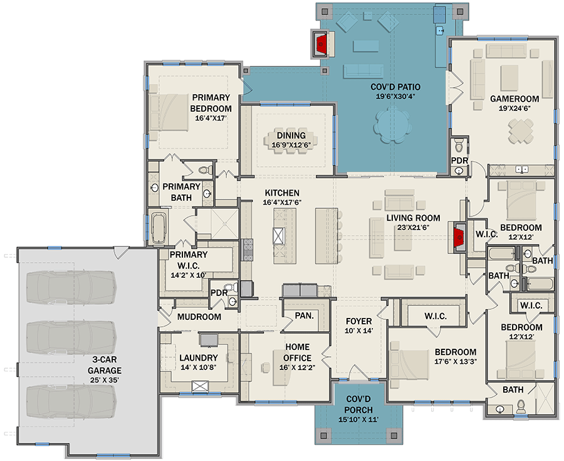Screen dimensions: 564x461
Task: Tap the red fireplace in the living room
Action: tap(459, 238)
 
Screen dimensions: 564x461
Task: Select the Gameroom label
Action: tap(514, 98)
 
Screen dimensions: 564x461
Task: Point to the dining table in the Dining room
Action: tap(291, 140)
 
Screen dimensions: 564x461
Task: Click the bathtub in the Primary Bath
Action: tap(159, 228)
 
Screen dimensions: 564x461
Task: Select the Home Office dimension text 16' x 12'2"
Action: tap(297, 368)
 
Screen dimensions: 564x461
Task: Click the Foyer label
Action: tap(358, 321)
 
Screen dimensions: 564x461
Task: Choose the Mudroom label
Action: tap(199, 317)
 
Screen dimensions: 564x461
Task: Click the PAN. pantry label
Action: tap(305, 315)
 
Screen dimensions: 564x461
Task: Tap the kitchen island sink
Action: tap(279, 236)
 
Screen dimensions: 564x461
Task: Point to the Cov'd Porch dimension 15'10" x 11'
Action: tap(358, 419)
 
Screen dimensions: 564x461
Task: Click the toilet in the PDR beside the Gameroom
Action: tap(459, 146)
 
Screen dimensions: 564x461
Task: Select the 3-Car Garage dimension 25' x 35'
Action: tap(104, 379)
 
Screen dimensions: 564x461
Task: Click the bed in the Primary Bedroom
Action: tap(169, 112)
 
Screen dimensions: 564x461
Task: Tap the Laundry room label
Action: tap(199, 358)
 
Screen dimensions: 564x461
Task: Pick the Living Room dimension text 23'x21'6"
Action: tap(414, 228)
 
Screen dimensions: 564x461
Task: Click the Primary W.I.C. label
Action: tap(189, 260)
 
